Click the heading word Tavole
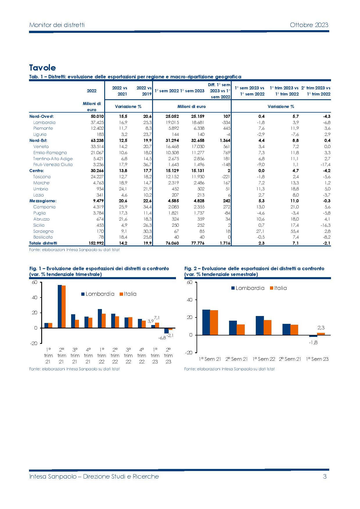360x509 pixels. (x=42, y=68)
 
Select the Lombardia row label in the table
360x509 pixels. (x=44, y=122)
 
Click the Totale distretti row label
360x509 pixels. (x=43, y=243)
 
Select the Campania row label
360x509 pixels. (x=44, y=207)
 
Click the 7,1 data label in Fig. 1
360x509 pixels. (x=157, y=318)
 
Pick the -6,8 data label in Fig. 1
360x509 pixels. (x=162, y=338)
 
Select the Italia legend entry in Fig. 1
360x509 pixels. (x=128, y=294)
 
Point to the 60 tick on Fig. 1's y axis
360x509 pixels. (x=35, y=282)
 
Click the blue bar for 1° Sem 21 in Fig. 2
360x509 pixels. (x=206, y=322)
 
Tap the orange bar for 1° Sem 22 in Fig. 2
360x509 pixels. (x=267, y=328)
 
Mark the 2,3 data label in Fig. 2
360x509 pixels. (x=321, y=328)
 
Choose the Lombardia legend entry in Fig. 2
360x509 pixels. (x=248, y=288)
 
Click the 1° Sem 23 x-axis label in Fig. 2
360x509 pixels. (x=317, y=359)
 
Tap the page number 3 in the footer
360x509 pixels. (x=325, y=476)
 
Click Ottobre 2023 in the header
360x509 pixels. (x=309, y=25)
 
